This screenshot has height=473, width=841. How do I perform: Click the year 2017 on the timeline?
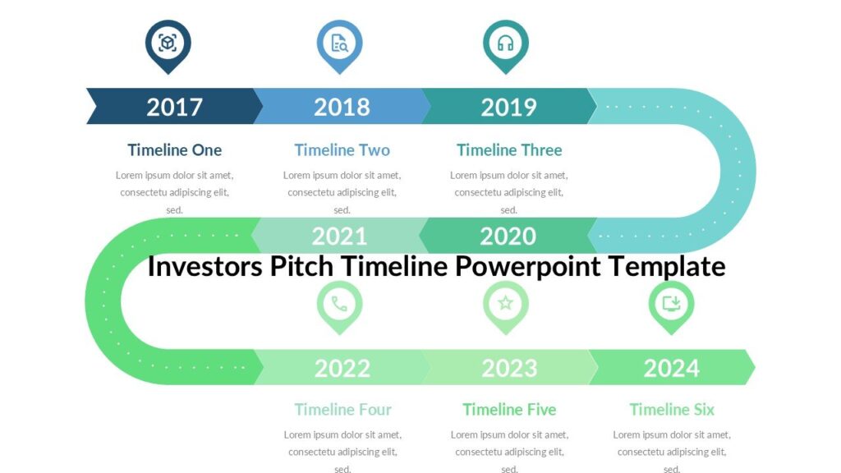(x=174, y=107)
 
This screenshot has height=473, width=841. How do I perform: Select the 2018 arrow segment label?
(x=342, y=107)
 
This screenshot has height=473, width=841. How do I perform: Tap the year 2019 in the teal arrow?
(x=508, y=107)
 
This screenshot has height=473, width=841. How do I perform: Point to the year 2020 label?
(x=508, y=236)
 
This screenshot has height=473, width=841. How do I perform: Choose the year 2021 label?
(x=339, y=236)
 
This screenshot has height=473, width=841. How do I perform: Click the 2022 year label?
(x=342, y=368)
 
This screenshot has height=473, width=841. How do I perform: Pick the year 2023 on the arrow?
(x=509, y=368)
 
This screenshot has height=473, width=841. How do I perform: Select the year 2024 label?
(x=671, y=368)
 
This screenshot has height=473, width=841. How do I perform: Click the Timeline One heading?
(x=174, y=150)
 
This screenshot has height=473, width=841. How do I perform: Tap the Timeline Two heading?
(x=342, y=150)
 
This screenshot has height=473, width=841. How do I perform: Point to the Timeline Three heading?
(x=509, y=150)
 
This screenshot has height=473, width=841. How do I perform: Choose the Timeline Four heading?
(x=342, y=410)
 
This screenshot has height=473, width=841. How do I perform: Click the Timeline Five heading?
(x=509, y=410)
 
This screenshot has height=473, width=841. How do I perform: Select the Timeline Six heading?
(x=672, y=410)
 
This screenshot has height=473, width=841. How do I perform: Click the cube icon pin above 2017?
(x=168, y=44)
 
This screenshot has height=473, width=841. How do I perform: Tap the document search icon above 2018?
(x=339, y=44)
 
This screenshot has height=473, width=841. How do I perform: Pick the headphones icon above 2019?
(x=505, y=44)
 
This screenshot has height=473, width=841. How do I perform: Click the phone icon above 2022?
(x=339, y=304)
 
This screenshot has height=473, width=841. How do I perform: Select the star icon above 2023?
(x=505, y=304)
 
